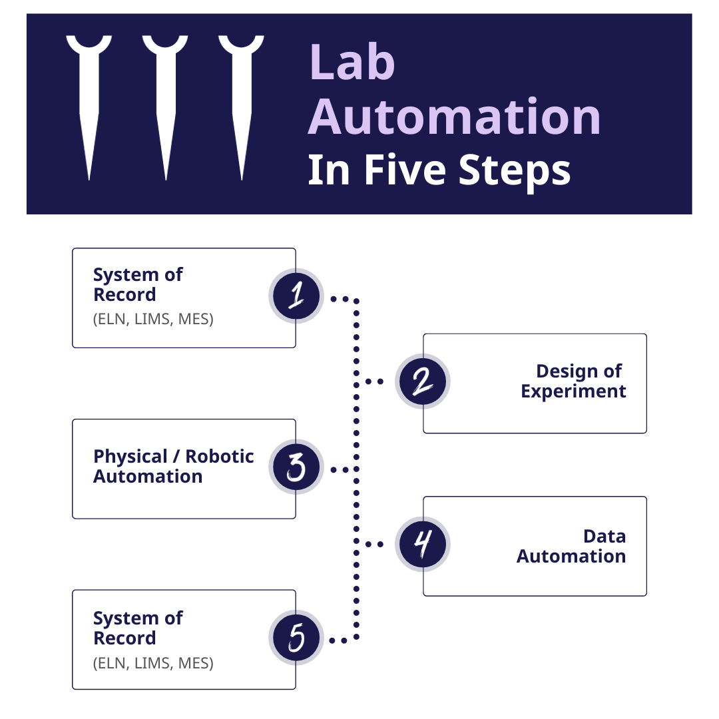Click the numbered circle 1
point(296,296)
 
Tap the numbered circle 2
point(422,381)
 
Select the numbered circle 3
point(296,467)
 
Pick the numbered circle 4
point(422,544)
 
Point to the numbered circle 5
point(296,637)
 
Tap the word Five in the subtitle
point(405,170)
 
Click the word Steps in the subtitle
point(515,172)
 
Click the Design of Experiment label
point(573,381)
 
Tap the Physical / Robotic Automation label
point(173,466)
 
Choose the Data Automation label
point(571,546)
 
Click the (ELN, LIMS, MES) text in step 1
point(153,319)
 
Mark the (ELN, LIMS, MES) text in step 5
point(153,662)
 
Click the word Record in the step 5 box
point(124,638)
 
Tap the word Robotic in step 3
point(219,456)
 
